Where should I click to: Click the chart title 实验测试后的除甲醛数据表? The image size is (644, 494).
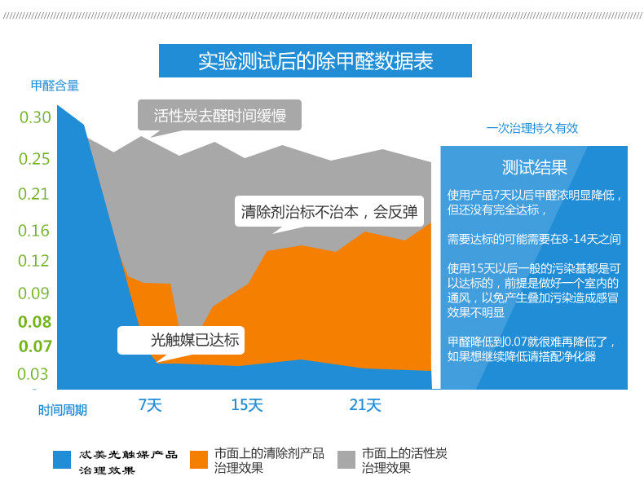pos(315,61)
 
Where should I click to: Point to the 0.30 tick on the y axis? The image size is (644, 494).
pos(35,117)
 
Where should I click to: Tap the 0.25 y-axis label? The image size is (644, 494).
pos(35,159)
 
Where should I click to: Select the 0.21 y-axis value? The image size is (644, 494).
pos(35,194)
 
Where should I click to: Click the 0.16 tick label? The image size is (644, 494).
pos(35,231)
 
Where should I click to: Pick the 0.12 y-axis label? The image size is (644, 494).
pos(35,261)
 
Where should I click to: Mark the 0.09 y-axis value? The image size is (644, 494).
pos(35,293)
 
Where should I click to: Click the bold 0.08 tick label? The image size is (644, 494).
pos(35,321)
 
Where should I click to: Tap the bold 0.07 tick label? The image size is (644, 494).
pos(35,346)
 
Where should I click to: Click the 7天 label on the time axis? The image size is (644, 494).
pos(150,405)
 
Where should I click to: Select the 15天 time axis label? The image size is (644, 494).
pos(247,405)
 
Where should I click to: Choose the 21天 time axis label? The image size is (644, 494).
pos(365,405)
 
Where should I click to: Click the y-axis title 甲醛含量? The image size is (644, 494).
pos(55,86)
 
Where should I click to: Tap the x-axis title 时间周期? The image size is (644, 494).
pos(63,410)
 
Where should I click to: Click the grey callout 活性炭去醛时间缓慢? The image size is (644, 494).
pos(219,116)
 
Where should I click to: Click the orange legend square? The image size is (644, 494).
pos(198,460)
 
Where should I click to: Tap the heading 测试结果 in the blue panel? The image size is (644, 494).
pos(534,168)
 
